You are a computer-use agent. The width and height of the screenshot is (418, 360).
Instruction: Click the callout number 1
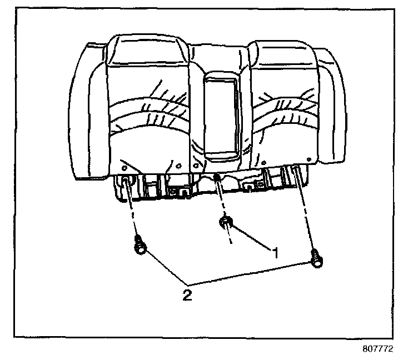[274, 252]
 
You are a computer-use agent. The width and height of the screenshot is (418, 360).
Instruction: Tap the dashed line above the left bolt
[133, 217]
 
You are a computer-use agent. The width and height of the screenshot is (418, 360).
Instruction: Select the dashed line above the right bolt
[306, 217]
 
